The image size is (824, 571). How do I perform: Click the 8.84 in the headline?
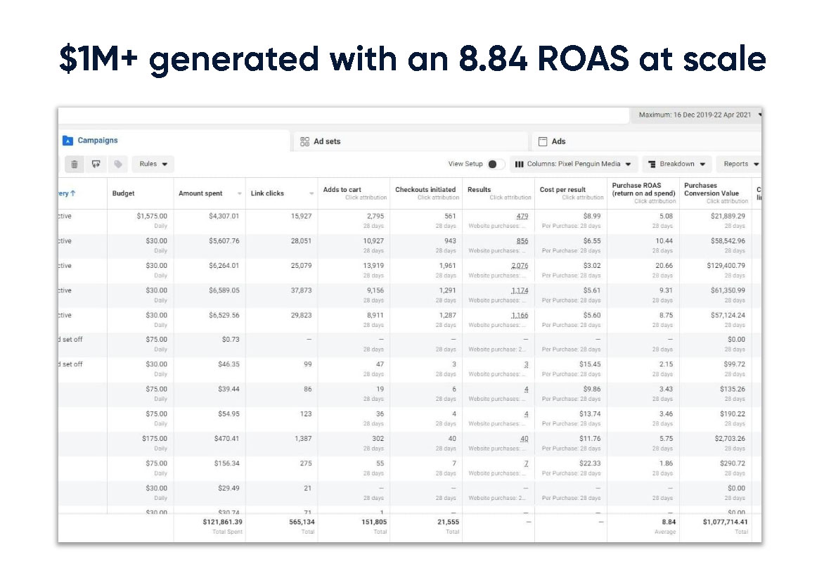[x=492, y=58]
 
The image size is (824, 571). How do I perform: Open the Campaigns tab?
[x=97, y=141]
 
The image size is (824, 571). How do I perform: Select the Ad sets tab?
[x=327, y=141]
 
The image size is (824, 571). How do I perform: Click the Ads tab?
[x=558, y=141]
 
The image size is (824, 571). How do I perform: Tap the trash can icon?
[x=74, y=164]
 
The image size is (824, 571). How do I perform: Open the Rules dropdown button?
[x=153, y=164]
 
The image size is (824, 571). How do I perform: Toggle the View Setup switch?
[x=496, y=164]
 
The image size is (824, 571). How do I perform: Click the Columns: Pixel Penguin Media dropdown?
[x=574, y=164]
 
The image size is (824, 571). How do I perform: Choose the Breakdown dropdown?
[x=676, y=164]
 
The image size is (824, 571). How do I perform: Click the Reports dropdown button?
[x=740, y=164]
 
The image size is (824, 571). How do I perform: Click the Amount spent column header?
[x=201, y=193]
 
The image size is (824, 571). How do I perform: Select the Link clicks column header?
[x=268, y=193]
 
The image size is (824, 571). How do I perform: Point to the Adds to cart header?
[x=342, y=190]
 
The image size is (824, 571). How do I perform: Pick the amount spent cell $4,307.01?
[x=224, y=216]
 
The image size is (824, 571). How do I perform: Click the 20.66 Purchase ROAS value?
[x=664, y=266]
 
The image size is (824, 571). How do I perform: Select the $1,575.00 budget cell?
[x=152, y=216]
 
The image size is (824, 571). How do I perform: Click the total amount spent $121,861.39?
[x=218, y=522]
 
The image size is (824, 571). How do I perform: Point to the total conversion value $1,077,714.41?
[x=716, y=522]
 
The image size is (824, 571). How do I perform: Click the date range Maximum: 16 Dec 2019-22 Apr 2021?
[x=695, y=115]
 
